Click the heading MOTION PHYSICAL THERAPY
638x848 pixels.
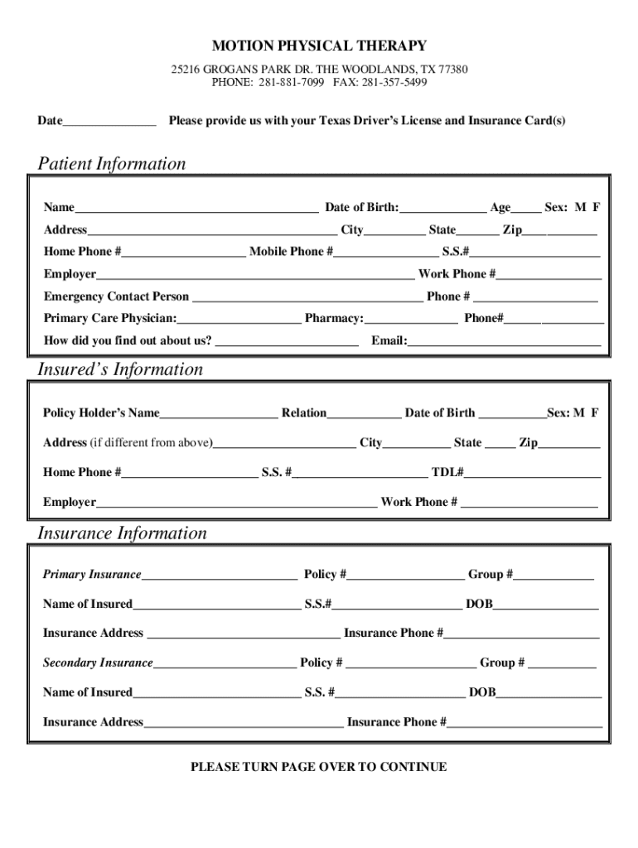coord(319,46)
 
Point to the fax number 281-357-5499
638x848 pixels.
coord(394,83)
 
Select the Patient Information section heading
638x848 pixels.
coord(112,164)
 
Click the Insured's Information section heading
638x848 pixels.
coord(120,369)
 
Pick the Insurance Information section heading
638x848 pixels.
coord(122,533)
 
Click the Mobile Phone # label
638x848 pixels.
coord(292,252)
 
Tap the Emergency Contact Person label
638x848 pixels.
coord(116,296)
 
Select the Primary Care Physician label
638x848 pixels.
coord(110,319)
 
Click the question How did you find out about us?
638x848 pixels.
coord(128,341)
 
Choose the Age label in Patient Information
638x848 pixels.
coord(500,208)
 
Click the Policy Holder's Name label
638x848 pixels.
coord(101,413)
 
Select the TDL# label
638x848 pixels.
coord(447,473)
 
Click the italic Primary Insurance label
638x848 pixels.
coord(92,575)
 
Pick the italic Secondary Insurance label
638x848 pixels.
coord(98,663)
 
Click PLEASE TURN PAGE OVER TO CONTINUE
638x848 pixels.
coord(319,767)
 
